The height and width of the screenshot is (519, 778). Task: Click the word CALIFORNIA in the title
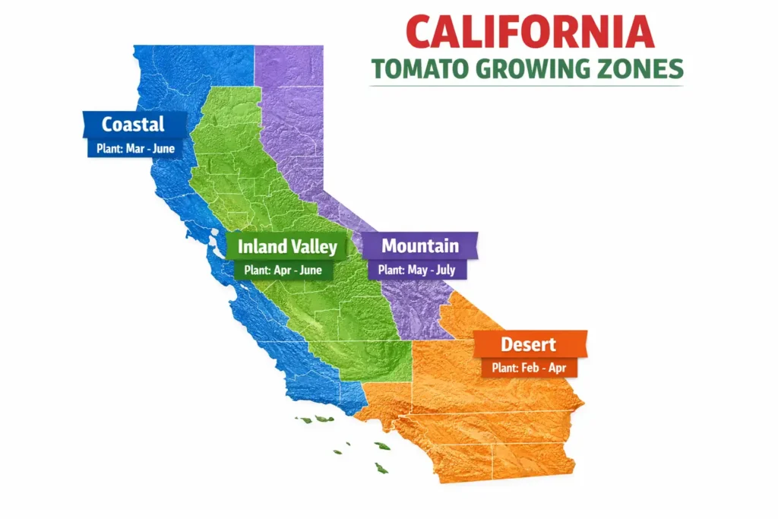pos(530,32)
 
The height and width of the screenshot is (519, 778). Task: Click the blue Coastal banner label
pos(133,124)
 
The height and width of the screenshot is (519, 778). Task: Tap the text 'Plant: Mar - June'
pos(135,148)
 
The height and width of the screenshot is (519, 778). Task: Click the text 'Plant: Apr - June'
pos(283,270)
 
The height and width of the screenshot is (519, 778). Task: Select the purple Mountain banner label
pos(419,245)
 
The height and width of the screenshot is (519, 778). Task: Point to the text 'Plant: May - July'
pos(416,270)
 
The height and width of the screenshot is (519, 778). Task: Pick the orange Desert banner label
pos(528,344)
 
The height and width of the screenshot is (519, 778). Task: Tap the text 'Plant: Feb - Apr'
pos(529,369)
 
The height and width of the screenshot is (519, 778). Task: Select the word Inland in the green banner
pos(262,246)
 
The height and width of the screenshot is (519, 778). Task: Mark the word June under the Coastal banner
pos(164,148)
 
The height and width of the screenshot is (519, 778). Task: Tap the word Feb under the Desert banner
pos(530,369)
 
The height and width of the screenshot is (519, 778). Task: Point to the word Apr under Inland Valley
pos(280,270)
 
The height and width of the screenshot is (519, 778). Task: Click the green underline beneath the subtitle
pos(526,86)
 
